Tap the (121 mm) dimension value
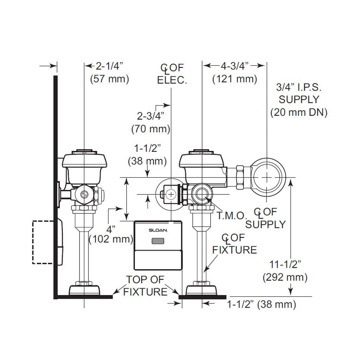[234, 79]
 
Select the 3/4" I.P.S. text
[299, 87]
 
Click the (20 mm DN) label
[299, 112]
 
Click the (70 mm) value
[151, 129]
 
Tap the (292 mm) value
[285, 277]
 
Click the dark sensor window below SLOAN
[158, 241]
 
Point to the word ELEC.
[172, 80]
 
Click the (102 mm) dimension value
[111, 240]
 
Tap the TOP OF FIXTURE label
[145, 285]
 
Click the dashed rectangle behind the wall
[43, 242]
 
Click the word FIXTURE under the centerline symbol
[234, 250]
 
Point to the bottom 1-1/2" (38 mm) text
[262, 304]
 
